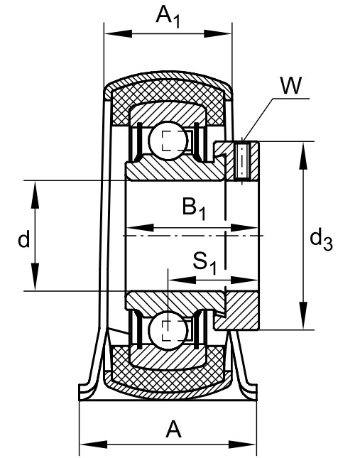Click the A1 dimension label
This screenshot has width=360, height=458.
tap(168, 16)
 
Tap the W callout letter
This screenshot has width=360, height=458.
tap(290, 85)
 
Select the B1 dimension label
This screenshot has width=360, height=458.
tap(194, 208)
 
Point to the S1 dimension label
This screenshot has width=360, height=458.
tap(204, 263)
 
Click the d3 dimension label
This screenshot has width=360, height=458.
tap(321, 240)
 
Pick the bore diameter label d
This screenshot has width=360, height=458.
tap(24, 239)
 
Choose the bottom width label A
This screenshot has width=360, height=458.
tap(173, 429)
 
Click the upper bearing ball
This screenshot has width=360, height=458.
tap(168, 141)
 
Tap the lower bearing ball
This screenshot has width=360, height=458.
tap(168, 330)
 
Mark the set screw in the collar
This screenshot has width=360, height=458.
tap(242, 160)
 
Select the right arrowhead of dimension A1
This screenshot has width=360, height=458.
tap(217, 33)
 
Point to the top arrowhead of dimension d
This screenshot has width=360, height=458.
tap(35, 195)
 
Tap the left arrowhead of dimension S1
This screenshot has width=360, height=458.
tap(182, 280)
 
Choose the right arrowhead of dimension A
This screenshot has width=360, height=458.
tap(242, 445)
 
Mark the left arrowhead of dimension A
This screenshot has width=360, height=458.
tap(94, 445)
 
